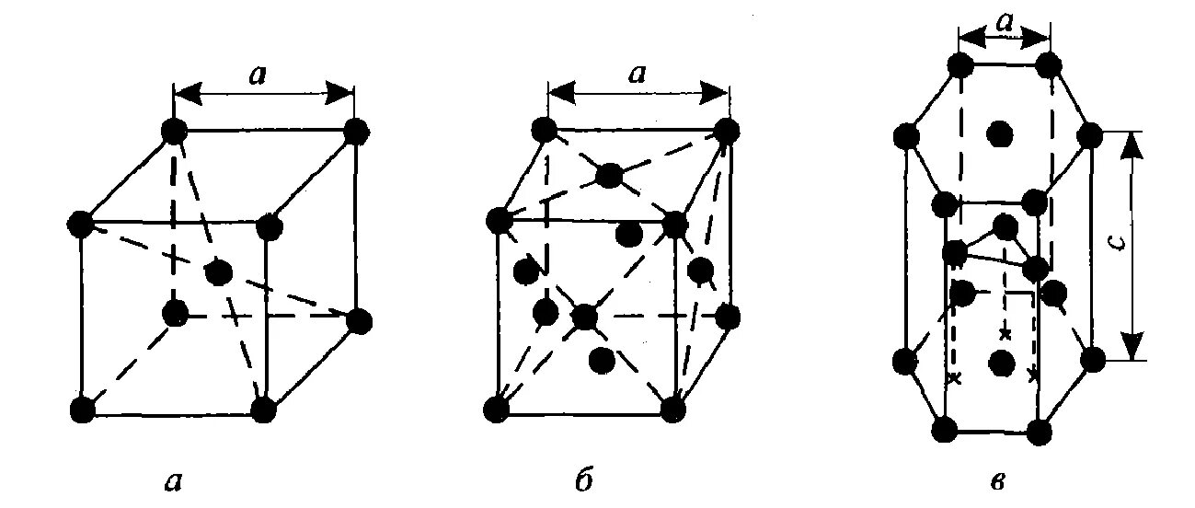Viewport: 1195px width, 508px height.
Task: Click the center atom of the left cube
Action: pos(218,272)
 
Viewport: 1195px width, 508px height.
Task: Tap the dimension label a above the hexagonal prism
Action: pos(1003,28)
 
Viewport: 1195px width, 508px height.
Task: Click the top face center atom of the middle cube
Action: pos(609,175)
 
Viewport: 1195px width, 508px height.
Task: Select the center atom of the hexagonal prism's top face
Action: pos(998,135)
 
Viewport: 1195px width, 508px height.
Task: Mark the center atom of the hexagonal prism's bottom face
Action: pos(1000,363)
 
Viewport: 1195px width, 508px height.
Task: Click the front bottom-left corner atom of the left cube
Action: pos(82,409)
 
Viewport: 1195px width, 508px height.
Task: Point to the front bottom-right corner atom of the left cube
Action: pos(263,410)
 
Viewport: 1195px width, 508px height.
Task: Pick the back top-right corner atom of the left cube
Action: pos(355,132)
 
